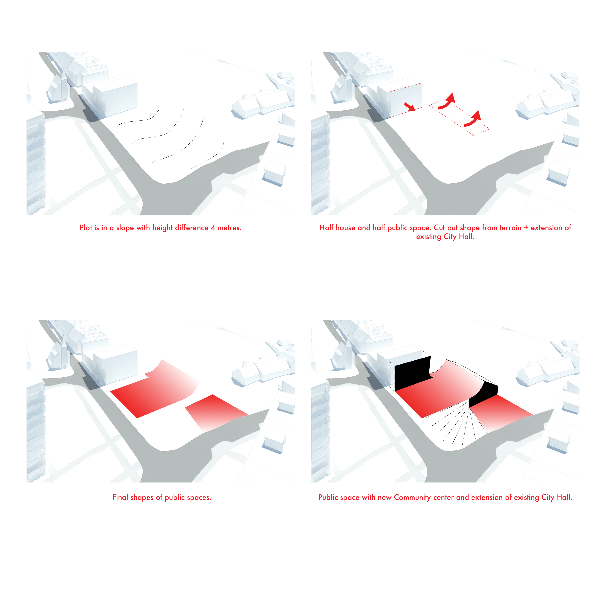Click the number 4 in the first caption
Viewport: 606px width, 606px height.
coord(213,228)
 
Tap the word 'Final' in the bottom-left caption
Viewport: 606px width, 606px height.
coord(120,497)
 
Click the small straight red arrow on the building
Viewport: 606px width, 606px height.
coord(409,107)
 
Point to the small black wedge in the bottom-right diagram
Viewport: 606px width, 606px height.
coord(483,394)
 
